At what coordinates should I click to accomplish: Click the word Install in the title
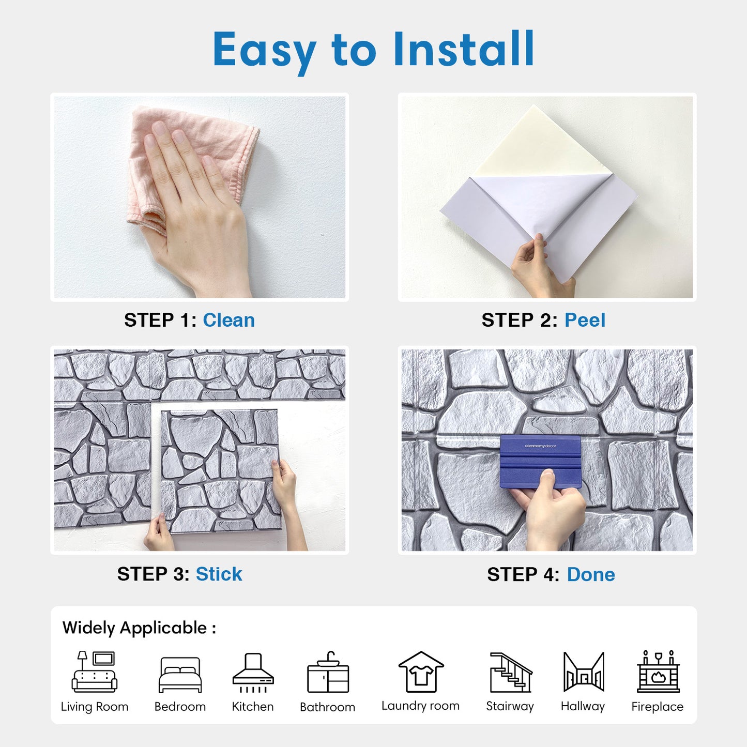[464, 49]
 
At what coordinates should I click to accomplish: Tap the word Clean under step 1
[228, 320]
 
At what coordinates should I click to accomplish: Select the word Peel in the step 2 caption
[585, 320]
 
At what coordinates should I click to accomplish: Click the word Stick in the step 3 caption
[219, 574]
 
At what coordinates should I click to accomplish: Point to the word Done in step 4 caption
[591, 574]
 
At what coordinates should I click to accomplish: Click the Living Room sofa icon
[94, 672]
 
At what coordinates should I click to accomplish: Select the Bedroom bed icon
[180, 675]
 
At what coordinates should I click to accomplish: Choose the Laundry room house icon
[421, 672]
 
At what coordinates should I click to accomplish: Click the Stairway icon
[511, 672]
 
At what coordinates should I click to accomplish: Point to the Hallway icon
[584, 672]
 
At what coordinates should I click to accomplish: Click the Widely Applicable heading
[139, 628]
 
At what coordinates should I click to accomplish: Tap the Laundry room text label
[421, 706]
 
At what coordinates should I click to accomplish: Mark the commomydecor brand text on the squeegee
[540, 446]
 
